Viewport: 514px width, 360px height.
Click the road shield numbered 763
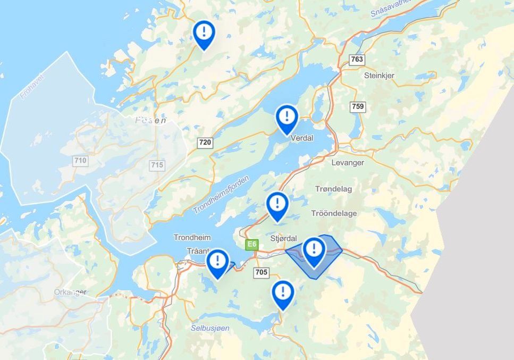(x=357, y=60)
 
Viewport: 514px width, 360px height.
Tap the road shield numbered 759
(x=358, y=107)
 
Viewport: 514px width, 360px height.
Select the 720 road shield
(x=205, y=142)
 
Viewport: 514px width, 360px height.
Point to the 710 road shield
(x=81, y=161)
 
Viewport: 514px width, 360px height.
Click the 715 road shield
(x=157, y=165)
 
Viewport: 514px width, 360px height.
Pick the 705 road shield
(x=261, y=273)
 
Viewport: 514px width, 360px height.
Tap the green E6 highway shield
(x=251, y=245)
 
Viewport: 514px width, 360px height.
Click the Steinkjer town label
(x=379, y=76)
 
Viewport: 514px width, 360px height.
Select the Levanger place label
(x=347, y=163)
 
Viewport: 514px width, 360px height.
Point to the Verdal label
(x=302, y=138)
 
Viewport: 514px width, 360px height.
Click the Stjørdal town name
(x=283, y=238)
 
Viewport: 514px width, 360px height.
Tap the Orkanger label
(x=70, y=292)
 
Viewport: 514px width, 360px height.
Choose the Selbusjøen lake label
(x=210, y=328)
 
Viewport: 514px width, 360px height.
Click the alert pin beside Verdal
(x=287, y=118)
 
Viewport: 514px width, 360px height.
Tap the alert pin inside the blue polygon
(x=314, y=250)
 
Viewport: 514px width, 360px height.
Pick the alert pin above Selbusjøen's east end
(x=283, y=294)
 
